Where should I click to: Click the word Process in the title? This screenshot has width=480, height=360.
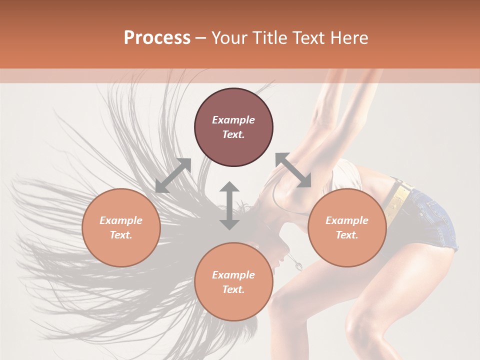point(157,38)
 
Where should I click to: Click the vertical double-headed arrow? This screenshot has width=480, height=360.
point(229,205)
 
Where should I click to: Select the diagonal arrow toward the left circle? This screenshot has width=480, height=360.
point(173,175)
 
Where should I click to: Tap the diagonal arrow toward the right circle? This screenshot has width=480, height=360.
point(293,170)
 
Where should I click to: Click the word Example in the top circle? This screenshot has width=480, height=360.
point(233,120)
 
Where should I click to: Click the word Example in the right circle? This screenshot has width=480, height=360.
point(347,220)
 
